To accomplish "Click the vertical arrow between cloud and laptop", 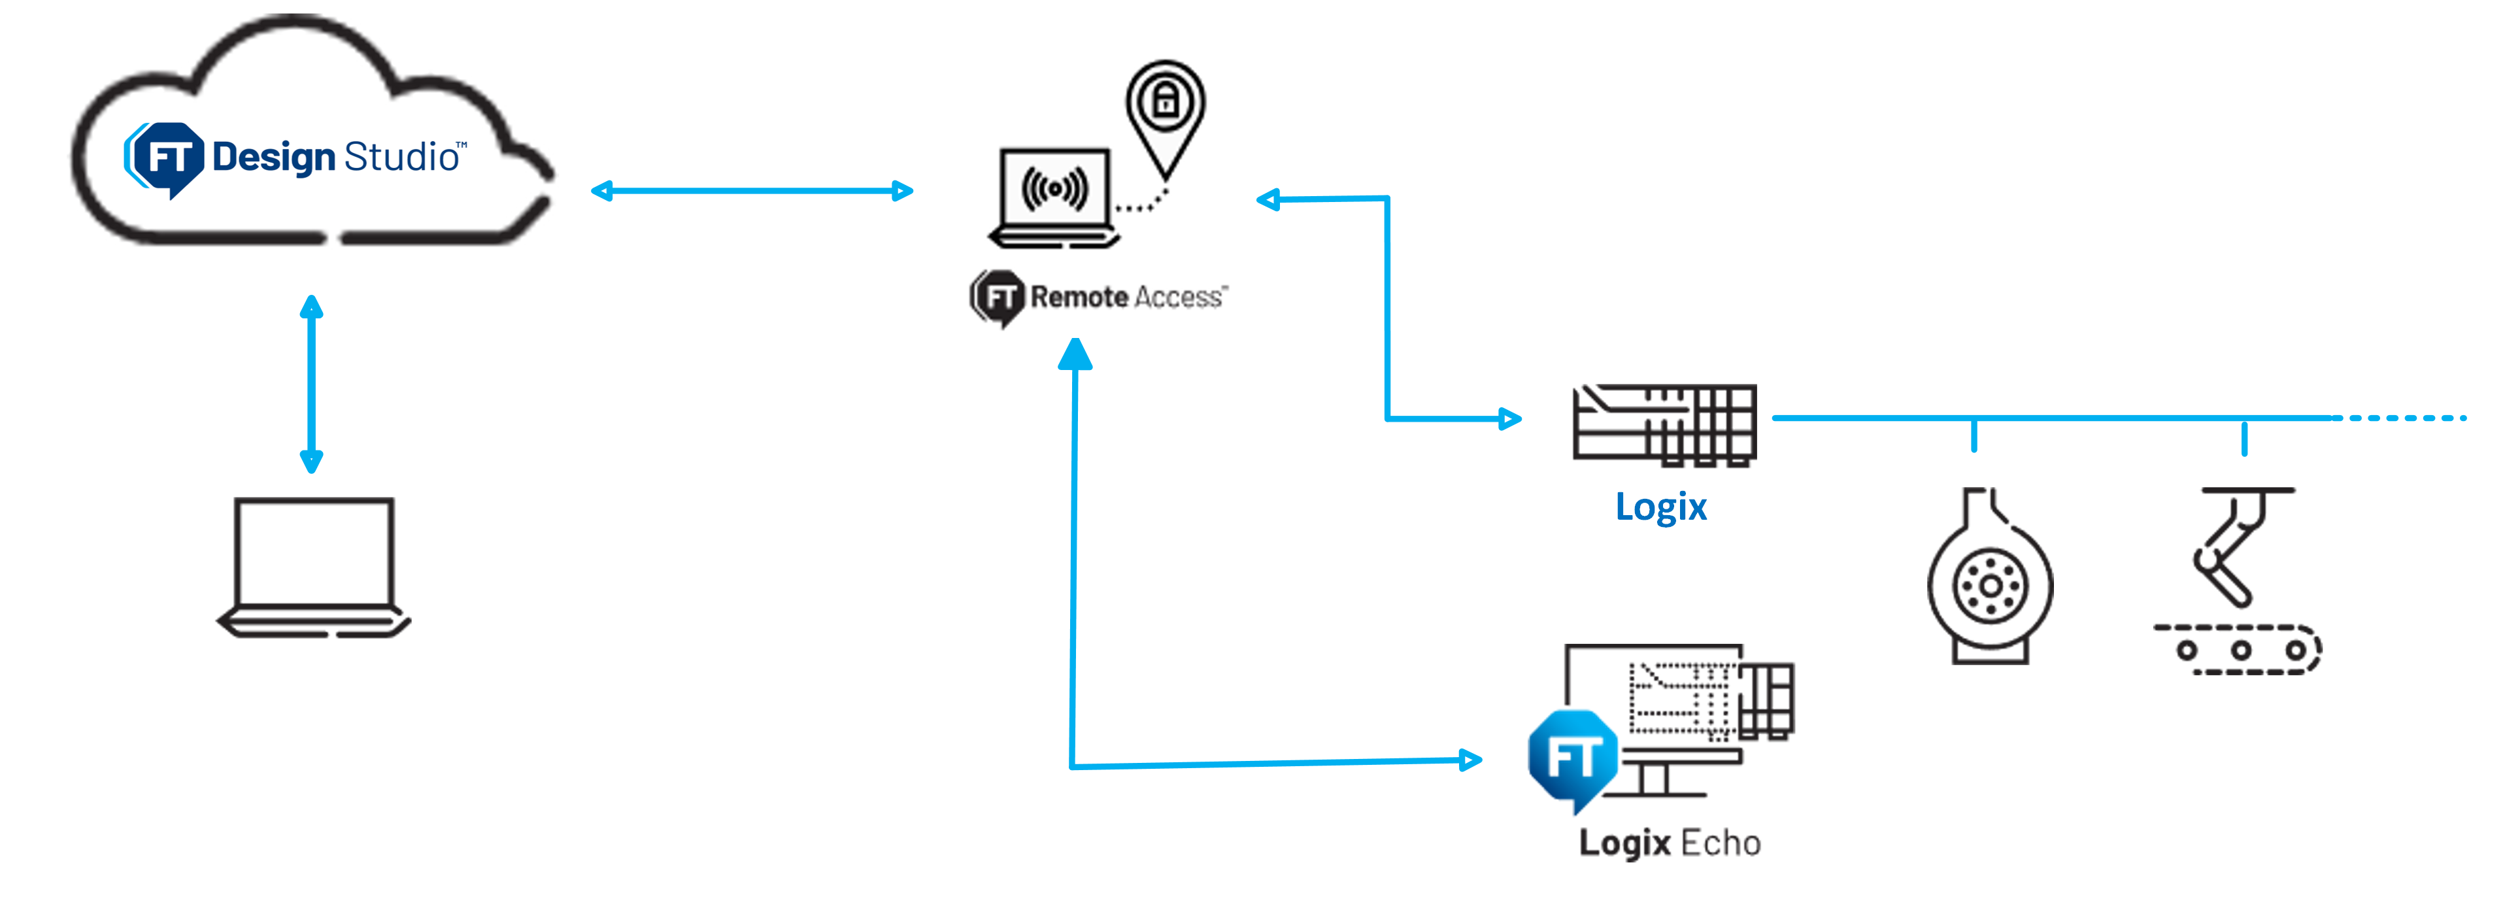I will click(311, 384).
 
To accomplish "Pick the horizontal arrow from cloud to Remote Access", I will click(752, 190).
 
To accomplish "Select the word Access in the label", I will click(1177, 297).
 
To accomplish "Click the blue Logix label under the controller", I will click(1661, 507).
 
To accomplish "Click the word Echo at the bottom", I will click(1721, 843).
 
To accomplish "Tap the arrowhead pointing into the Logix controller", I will click(1509, 419).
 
